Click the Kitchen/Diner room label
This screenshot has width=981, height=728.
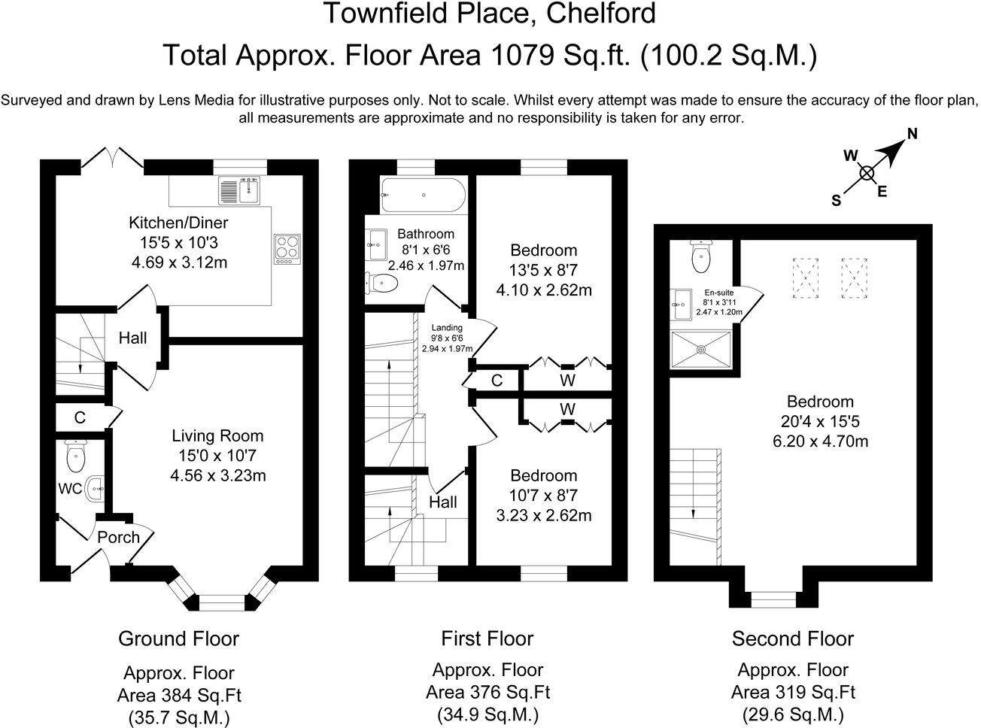[178, 223]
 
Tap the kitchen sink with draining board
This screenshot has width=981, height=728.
[239, 190]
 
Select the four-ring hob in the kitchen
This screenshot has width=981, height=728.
[287, 250]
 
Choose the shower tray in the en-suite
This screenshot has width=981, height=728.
[700, 350]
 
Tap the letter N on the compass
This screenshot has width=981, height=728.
[913, 134]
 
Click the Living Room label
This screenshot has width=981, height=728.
[217, 436]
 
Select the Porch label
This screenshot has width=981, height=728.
[118, 538]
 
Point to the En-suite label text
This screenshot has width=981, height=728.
[719, 293]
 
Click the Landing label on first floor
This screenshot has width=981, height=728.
[447, 328]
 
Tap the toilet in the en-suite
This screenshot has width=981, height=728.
[700, 256]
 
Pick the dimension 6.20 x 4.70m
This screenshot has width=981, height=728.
[821, 441]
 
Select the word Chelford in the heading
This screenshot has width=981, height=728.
[601, 13]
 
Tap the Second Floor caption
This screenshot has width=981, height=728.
[793, 639]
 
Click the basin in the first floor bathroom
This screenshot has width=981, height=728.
[376, 244]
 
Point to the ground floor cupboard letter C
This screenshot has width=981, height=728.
[80, 418]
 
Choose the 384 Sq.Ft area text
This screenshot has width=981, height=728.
[179, 696]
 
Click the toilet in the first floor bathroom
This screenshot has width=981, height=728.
[381, 283]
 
